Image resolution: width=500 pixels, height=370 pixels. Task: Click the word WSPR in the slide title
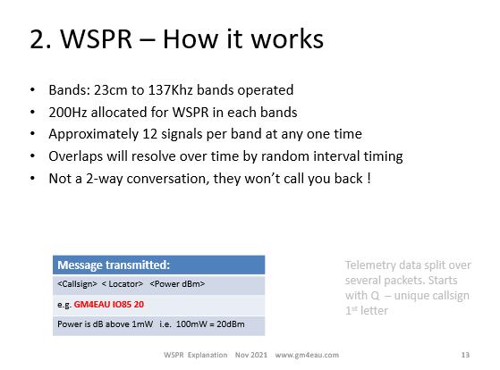coord(97,39)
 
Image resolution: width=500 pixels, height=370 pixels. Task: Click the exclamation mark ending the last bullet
coord(369,178)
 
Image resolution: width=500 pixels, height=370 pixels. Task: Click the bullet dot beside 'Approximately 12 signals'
coord(32,134)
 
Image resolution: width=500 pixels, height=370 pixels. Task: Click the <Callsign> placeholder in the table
coord(77,283)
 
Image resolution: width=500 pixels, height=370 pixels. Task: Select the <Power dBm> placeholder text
coord(177,283)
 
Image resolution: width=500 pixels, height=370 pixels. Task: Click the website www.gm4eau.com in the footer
coord(307,355)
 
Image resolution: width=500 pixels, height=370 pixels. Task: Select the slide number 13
coord(465,355)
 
